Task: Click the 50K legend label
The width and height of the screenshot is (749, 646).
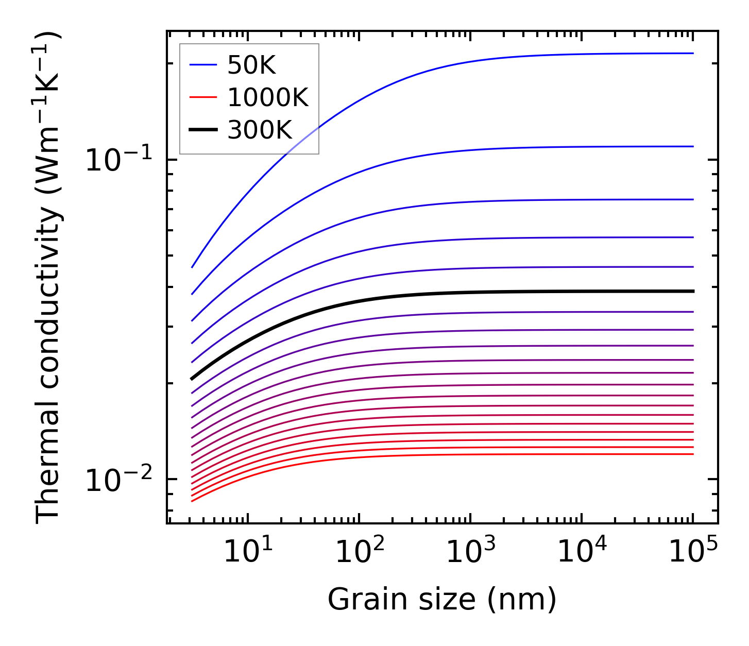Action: [251, 65]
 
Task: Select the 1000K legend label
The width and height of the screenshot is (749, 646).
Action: [268, 97]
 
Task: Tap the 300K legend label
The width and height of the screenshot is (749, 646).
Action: [260, 130]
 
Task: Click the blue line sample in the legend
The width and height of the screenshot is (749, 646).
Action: [203, 65]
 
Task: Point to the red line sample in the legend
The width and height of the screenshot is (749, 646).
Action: [203, 97]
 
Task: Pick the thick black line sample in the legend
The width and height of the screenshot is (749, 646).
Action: [203, 130]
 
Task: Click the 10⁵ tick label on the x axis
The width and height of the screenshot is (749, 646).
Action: [693, 552]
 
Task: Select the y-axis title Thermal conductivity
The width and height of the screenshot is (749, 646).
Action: [49, 277]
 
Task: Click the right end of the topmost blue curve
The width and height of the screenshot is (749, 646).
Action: [693, 53]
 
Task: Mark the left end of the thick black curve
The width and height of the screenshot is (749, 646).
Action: [192, 379]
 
